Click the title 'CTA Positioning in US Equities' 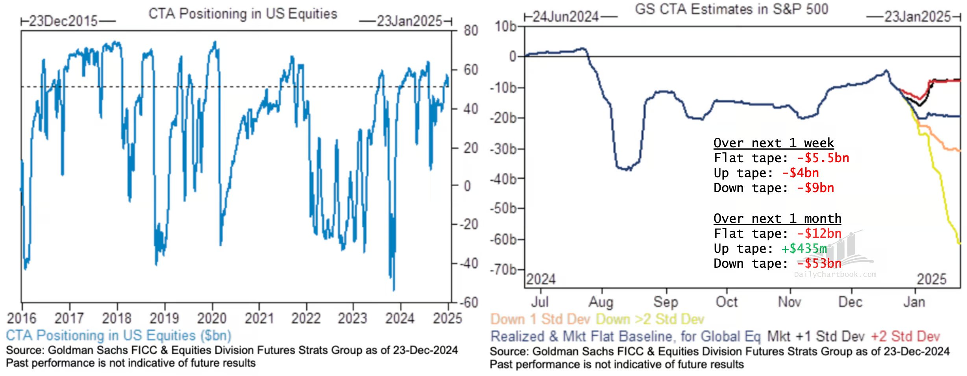pos(242,14)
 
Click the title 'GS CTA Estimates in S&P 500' pos(731,9)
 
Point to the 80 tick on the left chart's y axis pos(471,31)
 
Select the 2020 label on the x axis pos(212,318)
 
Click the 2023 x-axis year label pos(352,318)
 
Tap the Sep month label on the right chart pos(666,302)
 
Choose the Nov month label pos(789,302)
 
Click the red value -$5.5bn pos(823,158)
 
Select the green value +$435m pos(804,249)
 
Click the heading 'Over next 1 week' pos(773,143)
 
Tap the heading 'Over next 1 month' pos(777,219)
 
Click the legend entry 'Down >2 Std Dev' pos(650,319)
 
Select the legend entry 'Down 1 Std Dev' pos(540,319)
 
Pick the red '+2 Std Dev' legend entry pos(905,337)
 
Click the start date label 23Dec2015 pos(63,21)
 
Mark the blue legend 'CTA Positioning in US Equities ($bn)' pos(118,335)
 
